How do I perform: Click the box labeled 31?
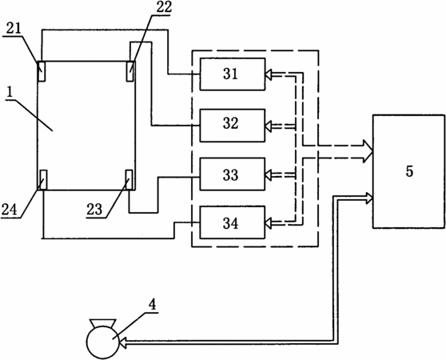coord(233,74)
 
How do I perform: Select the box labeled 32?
coord(233,126)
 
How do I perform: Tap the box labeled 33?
coord(233,174)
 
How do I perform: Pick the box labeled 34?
coord(233,222)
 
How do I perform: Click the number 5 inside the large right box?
coord(409,171)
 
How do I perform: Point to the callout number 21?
coord(14,29)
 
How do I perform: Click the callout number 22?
coord(164,7)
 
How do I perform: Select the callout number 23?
coord(94,210)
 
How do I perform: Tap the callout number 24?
coord(10,210)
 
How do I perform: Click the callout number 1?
coord(10,93)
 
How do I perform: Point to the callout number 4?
coord(153,306)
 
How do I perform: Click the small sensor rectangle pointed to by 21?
coord(42,71)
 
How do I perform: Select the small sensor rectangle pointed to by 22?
coord(130,71)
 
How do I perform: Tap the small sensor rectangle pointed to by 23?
coord(129,180)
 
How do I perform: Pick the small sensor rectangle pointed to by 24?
coord(43,180)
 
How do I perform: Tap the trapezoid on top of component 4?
coord(103,323)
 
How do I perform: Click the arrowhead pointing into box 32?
coord(269,126)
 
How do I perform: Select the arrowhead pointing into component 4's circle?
coord(123,342)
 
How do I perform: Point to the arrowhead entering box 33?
coord(269,174)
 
